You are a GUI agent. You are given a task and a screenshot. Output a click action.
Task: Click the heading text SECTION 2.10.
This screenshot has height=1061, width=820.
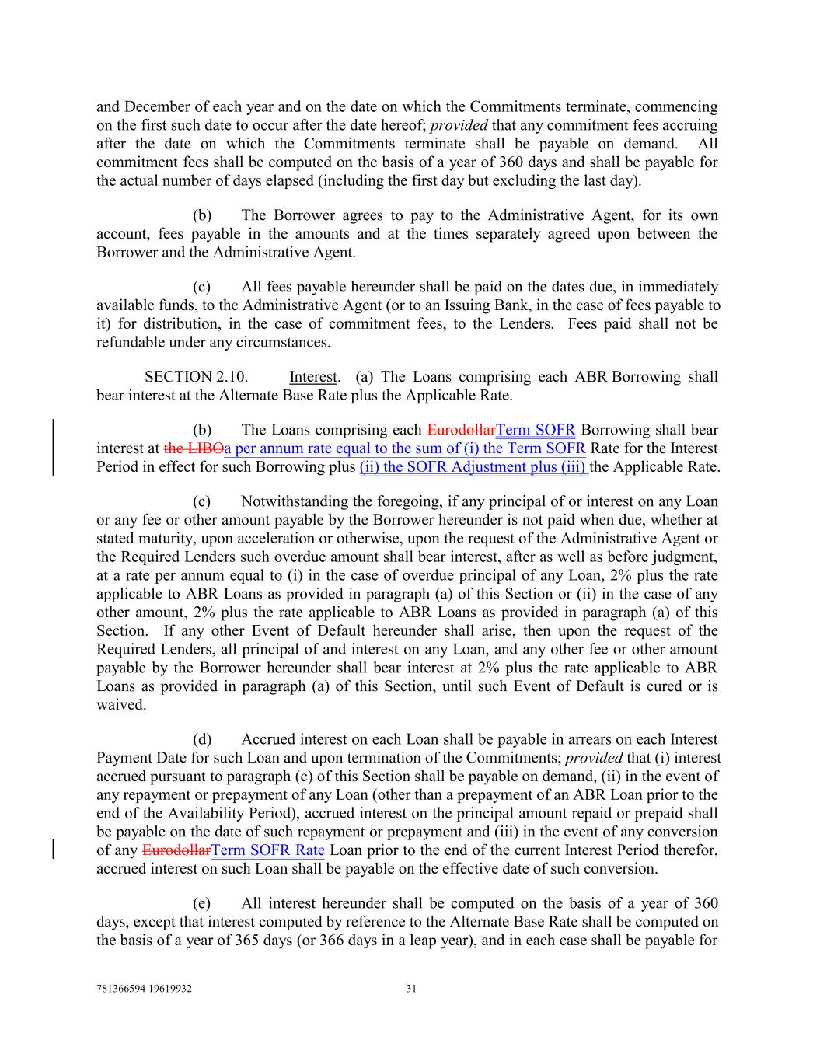[197, 377]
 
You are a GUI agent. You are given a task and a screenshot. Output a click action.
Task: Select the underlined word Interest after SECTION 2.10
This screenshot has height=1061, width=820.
[313, 377]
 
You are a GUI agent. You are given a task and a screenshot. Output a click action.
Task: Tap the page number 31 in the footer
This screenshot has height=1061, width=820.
[412, 989]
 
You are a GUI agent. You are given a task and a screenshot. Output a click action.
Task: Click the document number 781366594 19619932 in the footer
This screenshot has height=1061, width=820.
[144, 989]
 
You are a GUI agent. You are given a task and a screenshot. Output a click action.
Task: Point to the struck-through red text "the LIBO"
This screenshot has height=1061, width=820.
[194, 448]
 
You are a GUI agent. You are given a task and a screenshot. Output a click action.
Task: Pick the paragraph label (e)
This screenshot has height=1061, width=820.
[201, 903]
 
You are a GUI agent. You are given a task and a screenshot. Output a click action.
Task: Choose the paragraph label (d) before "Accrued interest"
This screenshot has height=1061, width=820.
[201, 739]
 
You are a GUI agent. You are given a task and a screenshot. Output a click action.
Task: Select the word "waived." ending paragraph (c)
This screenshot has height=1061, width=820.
[121, 705]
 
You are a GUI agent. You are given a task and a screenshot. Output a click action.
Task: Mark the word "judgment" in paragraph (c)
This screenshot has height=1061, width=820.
[687, 557]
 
